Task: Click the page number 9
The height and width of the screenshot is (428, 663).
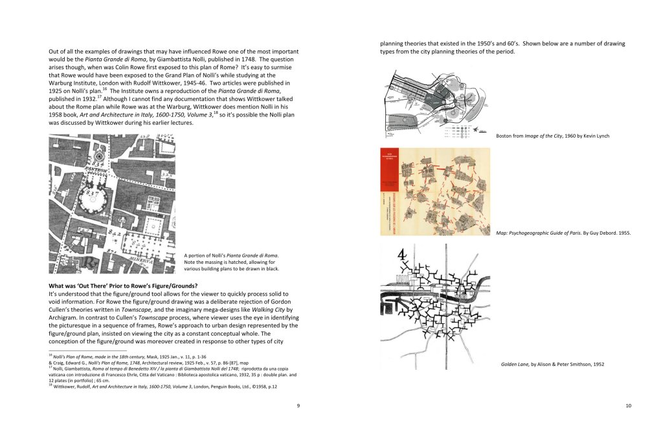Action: click(298, 405)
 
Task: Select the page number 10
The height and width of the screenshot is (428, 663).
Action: click(627, 405)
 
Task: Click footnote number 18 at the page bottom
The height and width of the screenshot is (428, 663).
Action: click(51, 385)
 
